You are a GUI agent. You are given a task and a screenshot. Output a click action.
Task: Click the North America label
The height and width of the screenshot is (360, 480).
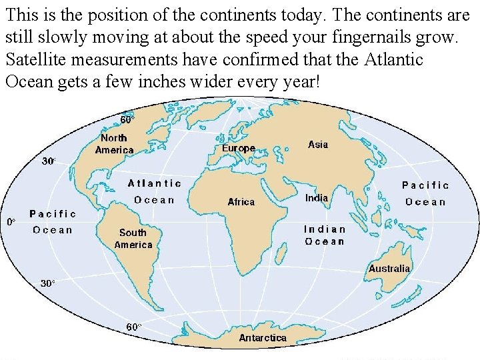[114, 144]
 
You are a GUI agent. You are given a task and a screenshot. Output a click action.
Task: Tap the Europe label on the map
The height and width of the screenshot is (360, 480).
[239, 148]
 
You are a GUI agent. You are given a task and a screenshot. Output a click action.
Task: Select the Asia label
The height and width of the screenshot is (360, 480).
[318, 145]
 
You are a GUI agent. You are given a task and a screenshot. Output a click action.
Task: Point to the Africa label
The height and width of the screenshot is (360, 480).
[241, 201]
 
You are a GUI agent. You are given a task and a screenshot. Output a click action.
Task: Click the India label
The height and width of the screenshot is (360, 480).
[317, 197]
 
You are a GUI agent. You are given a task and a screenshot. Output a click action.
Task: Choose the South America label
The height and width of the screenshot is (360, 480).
[133, 239]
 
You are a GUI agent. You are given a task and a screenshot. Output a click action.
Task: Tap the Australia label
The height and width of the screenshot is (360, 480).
[389, 269]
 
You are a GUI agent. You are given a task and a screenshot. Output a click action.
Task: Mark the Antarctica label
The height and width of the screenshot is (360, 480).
[263, 338]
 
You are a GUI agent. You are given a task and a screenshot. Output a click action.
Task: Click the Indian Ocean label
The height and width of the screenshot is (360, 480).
[325, 235]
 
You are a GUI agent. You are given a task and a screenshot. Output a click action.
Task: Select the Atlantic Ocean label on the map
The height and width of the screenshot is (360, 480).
[154, 191]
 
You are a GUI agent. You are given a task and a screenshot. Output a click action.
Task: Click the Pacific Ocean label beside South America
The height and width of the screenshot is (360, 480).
[53, 222]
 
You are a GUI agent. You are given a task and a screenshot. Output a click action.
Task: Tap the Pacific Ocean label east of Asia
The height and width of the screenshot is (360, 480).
[425, 193]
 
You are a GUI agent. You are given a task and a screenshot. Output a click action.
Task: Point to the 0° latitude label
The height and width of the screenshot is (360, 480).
[11, 221]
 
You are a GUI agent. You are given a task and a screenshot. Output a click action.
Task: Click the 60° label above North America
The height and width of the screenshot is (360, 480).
[127, 120]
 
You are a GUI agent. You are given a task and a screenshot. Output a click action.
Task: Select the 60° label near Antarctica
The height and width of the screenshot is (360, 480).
[134, 327]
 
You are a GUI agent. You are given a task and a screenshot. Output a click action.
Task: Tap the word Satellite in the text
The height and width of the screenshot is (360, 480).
[33, 59]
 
